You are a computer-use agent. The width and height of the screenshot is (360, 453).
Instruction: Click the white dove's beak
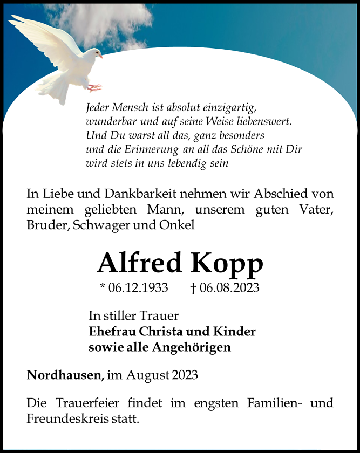pyautogui.click(x=100, y=56)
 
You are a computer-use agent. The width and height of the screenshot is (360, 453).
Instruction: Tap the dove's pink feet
pyautogui.click(x=94, y=87)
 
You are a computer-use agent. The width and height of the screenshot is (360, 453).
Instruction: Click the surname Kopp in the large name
pyautogui.click(x=227, y=263)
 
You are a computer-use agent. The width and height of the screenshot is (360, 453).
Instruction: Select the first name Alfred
pyautogui.click(x=140, y=263)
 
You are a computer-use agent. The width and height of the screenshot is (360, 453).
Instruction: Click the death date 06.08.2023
pyautogui.click(x=229, y=288)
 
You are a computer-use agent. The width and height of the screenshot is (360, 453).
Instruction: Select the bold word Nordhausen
pyautogui.click(x=65, y=374)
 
